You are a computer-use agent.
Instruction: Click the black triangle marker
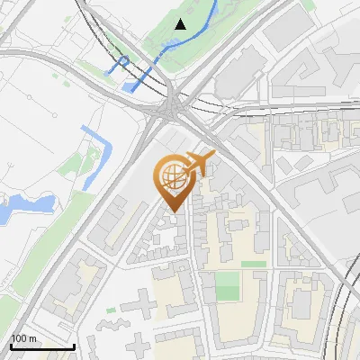point(181,24)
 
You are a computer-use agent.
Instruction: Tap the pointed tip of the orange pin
point(173,211)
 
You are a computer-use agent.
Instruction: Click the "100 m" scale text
point(23,338)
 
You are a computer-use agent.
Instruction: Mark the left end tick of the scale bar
point(11,346)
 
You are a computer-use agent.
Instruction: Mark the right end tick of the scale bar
point(74,346)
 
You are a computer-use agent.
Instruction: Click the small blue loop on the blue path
point(123,62)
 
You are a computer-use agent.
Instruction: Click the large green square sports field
point(229,287)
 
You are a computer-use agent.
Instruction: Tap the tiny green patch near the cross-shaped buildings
point(112,310)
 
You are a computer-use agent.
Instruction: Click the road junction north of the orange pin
point(168,109)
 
